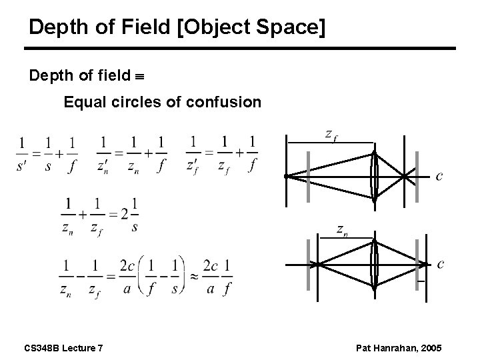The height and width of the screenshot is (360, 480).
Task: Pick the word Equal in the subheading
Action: pos(82,103)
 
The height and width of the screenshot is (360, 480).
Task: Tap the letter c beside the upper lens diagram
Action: pos(439,176)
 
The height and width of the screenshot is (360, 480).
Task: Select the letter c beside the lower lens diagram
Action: pos(440,263)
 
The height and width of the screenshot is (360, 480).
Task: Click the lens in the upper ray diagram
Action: pos(375,175)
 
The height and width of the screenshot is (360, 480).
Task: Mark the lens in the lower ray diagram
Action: pos(375,265)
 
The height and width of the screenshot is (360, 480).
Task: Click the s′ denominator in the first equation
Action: pos(23,165)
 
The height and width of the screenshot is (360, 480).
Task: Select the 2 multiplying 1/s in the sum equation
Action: pos(124,215)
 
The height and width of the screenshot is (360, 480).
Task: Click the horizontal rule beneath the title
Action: pos(240,48)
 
